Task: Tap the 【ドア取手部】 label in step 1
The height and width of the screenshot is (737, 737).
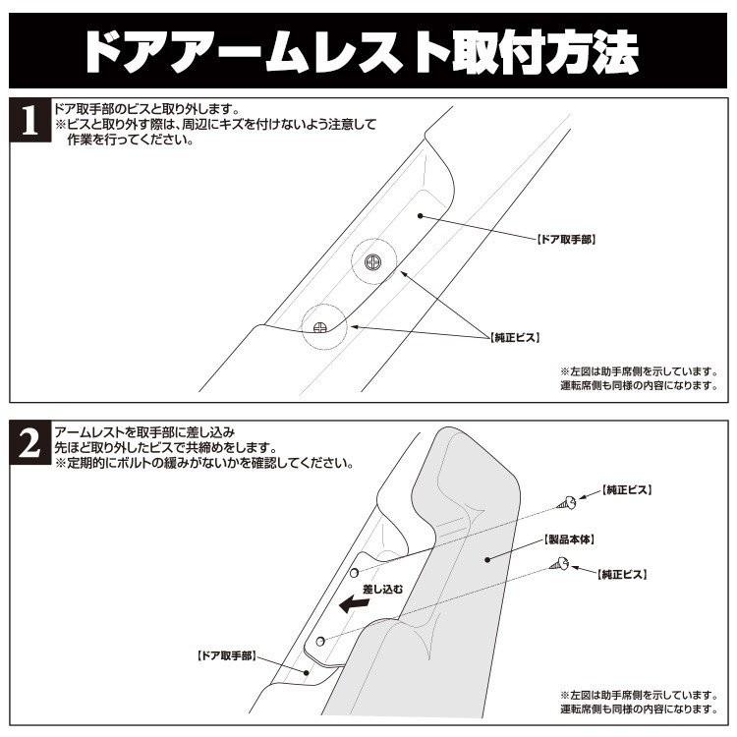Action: [x=567, y=239]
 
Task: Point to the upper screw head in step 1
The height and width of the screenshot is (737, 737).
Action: [x=372, y=262]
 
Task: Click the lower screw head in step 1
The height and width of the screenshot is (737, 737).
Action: [x=319, y=325]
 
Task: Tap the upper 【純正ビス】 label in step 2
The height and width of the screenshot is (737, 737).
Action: [x=626, y=488]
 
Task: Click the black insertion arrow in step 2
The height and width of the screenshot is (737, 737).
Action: [x=353, y=606]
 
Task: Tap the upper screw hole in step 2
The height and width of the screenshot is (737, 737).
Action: [x=354, y=571]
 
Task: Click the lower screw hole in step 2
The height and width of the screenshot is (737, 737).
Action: [x=321, y=641]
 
